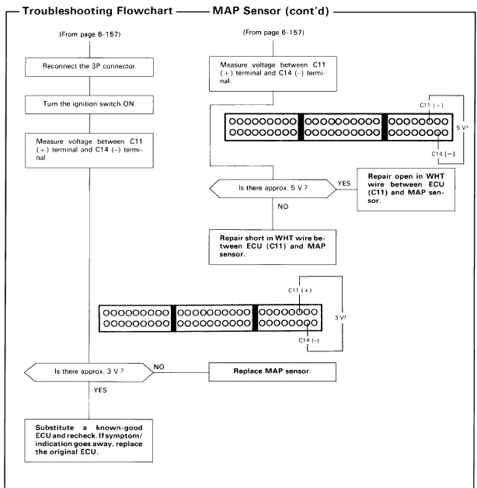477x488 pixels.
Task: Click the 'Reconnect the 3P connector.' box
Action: (89, 67)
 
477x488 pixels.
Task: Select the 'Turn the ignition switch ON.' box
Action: (89, 105)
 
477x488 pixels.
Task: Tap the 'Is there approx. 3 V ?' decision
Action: (89, 372)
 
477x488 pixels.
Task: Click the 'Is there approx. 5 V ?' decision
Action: (273, 189)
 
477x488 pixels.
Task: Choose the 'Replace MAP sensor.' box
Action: (272, 371)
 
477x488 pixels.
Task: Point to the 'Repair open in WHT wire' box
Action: (406, 190)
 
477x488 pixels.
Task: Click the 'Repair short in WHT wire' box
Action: (272, 247)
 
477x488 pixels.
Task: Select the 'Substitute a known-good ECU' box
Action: (89, 441)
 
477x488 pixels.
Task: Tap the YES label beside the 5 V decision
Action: (344, 183)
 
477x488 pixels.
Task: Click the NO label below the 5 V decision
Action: (283, 207)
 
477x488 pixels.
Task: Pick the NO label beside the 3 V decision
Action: (158, 367)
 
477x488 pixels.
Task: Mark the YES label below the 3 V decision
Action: (100, 390)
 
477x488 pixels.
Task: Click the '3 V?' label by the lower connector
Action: (340, 318)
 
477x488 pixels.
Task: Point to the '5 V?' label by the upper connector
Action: (462, 127)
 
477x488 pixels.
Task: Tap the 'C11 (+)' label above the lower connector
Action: (300, 291)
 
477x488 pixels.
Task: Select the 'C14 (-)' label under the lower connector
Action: (309, 340)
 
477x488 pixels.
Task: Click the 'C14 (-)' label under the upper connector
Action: (443, 154)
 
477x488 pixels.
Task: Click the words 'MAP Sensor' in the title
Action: (246, 11)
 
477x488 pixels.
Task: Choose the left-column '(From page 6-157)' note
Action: (90, 34)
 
